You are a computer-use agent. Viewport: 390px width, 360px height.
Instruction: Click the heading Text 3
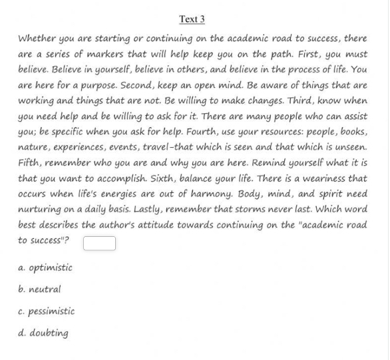(192, 19)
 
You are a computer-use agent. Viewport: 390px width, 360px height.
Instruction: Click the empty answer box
(99, 244)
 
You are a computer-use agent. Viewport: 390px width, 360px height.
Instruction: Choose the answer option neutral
(44, 289)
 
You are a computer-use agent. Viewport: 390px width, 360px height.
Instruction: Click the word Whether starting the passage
(37, 39)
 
